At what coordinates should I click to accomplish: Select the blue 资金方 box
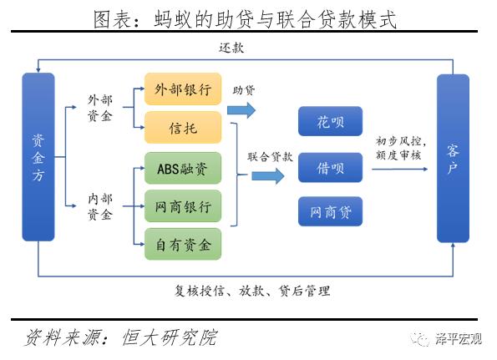38,157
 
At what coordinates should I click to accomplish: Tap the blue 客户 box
453,157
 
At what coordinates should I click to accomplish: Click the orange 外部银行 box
183,89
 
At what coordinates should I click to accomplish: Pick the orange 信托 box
183,127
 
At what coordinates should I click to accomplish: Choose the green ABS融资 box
183,167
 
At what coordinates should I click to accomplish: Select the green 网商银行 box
183,205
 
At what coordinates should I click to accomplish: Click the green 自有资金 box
183,243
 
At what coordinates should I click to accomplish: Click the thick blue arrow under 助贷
241,110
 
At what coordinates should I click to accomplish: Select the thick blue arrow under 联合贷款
268,175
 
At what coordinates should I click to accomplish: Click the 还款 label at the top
231,48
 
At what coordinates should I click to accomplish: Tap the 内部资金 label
99,207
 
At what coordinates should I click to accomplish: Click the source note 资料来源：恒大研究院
121,337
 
